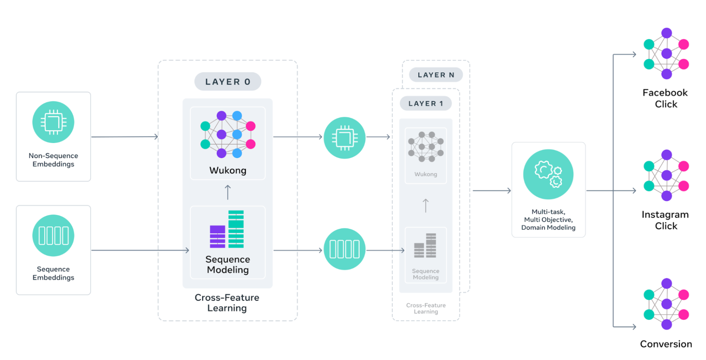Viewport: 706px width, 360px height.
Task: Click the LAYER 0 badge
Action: [227, 82]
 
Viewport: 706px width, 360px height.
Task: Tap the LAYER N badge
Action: [435, 75]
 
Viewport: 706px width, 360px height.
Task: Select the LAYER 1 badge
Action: [425, 103]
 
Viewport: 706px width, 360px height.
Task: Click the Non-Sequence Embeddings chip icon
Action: [53, 122]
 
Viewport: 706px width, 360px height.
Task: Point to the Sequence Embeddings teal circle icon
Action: [53, 235]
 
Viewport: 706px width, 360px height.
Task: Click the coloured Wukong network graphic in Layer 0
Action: [228, 134]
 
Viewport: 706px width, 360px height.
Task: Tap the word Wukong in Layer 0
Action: [228, 170]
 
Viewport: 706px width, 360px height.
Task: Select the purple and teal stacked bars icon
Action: [227, 229]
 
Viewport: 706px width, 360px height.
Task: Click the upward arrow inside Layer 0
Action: [228, 192]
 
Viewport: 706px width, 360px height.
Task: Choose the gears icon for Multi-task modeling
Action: [548, 174]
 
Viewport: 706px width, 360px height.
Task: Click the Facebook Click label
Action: [665, 98]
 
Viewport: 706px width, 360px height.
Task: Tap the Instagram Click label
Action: [665, 220]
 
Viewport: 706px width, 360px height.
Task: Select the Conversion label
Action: [666, 344]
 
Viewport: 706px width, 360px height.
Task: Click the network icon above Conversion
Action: [666, 304]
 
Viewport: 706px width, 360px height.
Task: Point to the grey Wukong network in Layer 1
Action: [426, 147]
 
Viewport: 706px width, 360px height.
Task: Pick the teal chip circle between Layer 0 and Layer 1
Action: [344, 138]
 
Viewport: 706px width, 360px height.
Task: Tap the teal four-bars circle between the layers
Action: [344, 249]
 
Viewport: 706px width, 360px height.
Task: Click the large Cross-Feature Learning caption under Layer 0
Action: [227, 303]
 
